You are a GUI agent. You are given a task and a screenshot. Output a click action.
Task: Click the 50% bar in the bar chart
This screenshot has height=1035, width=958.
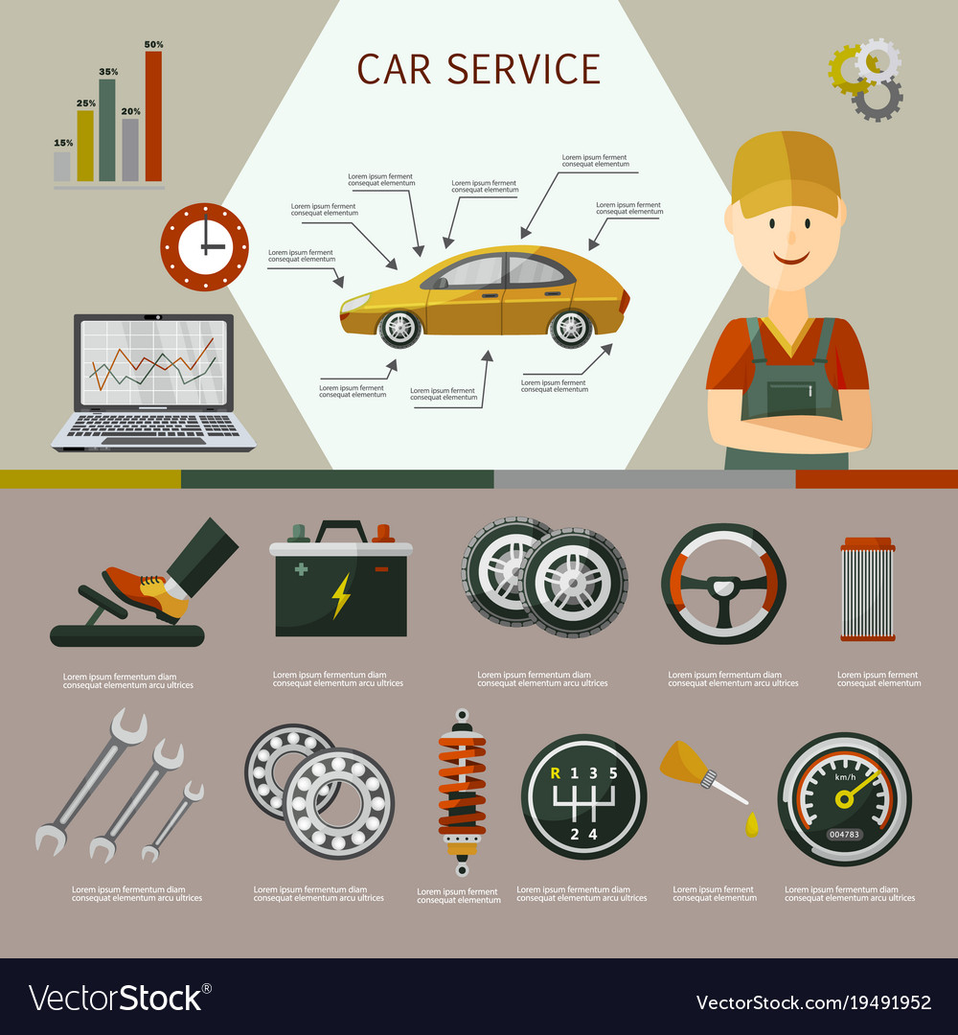153,116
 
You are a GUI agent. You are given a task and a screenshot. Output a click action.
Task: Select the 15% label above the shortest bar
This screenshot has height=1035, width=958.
63,143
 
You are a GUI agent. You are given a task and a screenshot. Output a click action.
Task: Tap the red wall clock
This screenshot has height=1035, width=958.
204,247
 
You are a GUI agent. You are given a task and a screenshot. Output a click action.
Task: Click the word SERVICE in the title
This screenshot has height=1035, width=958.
524,69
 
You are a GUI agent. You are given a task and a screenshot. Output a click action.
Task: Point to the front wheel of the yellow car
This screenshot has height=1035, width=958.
399,328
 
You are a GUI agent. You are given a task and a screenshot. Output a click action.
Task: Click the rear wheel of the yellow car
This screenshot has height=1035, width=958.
571,328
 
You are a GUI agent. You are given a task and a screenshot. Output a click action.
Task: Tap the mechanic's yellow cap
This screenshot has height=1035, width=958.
786,172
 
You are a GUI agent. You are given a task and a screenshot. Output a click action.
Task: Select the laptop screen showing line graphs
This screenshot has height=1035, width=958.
153,362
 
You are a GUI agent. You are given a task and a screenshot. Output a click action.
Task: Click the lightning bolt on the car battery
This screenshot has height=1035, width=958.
341,595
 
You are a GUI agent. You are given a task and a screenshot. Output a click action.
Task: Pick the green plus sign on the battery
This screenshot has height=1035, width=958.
301,569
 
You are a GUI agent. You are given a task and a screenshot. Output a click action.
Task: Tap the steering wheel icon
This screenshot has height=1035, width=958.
724,584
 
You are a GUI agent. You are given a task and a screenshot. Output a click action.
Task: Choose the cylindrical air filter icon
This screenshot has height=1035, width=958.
868,589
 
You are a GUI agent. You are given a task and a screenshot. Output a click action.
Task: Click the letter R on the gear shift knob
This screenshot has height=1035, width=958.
556,773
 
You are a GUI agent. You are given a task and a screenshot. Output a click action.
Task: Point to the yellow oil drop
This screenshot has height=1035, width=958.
751,825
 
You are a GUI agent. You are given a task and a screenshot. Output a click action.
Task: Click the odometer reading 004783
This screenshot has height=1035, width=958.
845,835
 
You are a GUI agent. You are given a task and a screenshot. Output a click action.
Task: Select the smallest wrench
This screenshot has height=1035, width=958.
173,821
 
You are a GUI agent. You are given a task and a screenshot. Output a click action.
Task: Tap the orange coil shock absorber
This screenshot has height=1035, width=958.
463,793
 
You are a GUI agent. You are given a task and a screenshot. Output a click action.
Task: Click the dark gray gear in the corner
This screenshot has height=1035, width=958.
877,99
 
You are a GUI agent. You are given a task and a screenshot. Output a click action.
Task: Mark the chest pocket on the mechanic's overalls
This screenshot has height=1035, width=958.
791,398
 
